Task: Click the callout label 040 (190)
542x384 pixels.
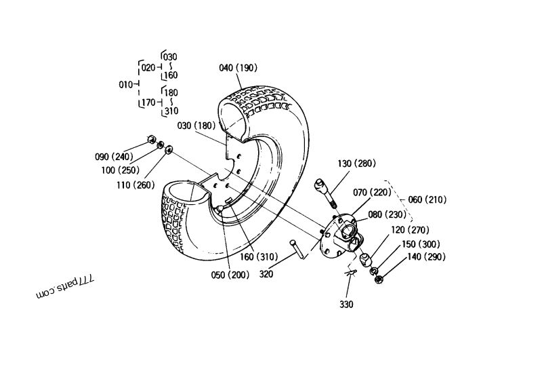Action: pos(238,68)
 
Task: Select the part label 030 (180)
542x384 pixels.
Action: pos(196,126)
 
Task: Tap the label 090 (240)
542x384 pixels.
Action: pos(114,157)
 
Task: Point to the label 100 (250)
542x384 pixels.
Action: pos(120,170)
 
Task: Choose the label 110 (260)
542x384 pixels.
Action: pos(135,185)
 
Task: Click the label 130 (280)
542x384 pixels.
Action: pos(356,163)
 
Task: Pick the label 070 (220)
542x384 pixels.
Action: pos(373,192)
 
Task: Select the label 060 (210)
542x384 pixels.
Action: pos(428,199)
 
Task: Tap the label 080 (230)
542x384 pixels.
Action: pos(388,214)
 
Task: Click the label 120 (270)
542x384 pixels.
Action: pos(411,230)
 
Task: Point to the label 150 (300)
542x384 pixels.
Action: pos(421,244)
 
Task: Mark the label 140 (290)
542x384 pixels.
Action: pos(426,257)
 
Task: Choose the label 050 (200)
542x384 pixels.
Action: pos(230,275)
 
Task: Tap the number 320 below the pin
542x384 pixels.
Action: pos(267,275)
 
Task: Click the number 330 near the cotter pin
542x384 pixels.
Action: pos(346,305)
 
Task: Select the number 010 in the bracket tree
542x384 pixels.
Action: pos(127,85)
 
